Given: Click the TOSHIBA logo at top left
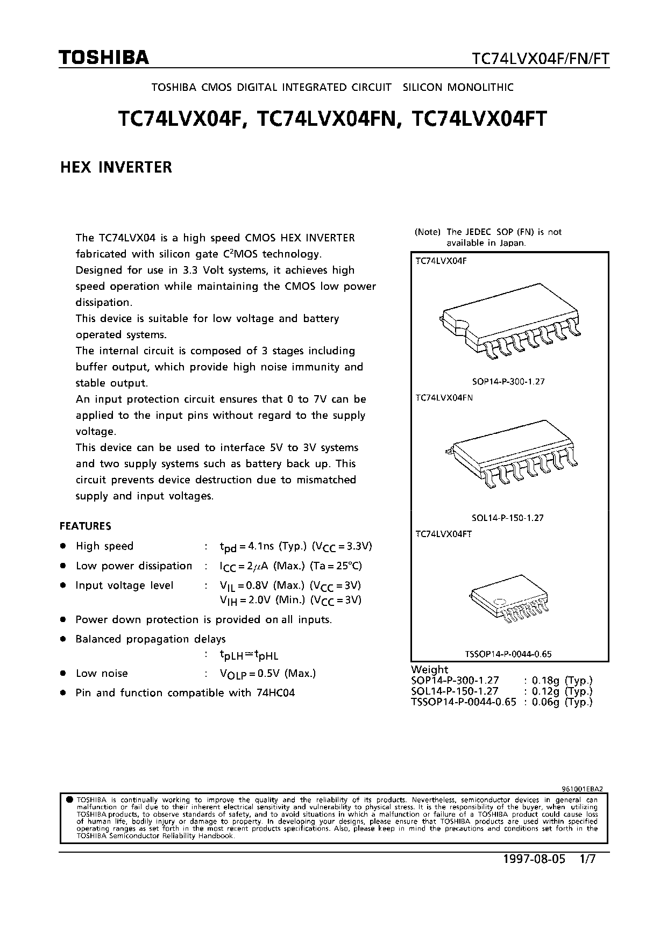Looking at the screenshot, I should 104,58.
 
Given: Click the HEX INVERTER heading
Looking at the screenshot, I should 116,167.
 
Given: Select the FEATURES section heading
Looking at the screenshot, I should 85,526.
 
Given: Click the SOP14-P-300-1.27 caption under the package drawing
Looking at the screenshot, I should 508,382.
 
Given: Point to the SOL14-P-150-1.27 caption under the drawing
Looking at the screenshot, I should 507,518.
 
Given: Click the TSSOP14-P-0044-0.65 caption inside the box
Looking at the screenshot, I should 508,654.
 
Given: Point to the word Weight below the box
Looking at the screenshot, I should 429,669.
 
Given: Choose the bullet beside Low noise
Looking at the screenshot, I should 63,673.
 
